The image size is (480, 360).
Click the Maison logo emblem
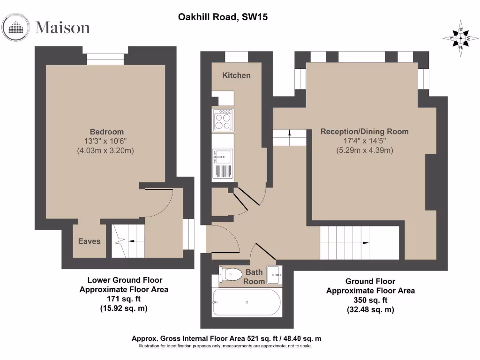tap(17, 27)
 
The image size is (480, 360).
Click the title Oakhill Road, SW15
tap(223, 17)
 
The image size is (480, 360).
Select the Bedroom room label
tap(107, 132)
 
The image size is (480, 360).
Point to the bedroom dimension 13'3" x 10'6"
tap(107, 141)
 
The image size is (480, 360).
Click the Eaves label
tap(89, 241)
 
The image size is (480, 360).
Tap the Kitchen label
tap(236, 75)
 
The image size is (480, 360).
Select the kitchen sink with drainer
tap(222, 164)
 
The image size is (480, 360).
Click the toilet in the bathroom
tap(230, 273)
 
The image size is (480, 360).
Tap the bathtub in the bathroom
tap(247, 302)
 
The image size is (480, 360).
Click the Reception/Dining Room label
tap(364, 132)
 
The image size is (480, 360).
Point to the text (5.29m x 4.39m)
tap(364, 150)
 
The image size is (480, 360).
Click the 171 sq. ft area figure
tap(124, 299)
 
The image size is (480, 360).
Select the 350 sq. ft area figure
tap(370, 300)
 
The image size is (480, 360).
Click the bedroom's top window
tap(105, 59)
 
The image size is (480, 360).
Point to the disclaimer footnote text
tap(225, 346)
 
